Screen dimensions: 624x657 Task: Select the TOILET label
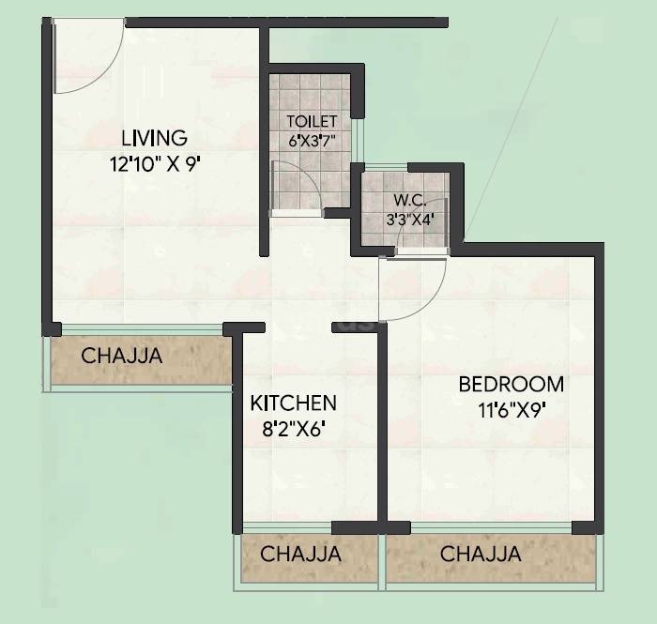tap(311, 122)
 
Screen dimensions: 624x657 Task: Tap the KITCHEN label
tap(293, 403)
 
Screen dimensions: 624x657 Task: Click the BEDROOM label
tap(511, 384)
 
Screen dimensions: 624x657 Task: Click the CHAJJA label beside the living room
tap(121, 357)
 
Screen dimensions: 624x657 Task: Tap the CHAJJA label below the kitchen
tap(300, 554)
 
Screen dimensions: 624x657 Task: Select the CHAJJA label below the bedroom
tap(481, 554)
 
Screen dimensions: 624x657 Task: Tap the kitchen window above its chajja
tap(286, 527)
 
